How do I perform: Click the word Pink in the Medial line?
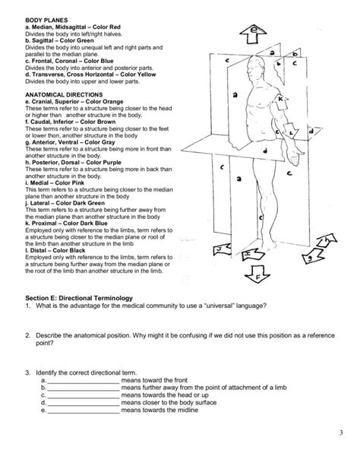click(81, 183)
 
